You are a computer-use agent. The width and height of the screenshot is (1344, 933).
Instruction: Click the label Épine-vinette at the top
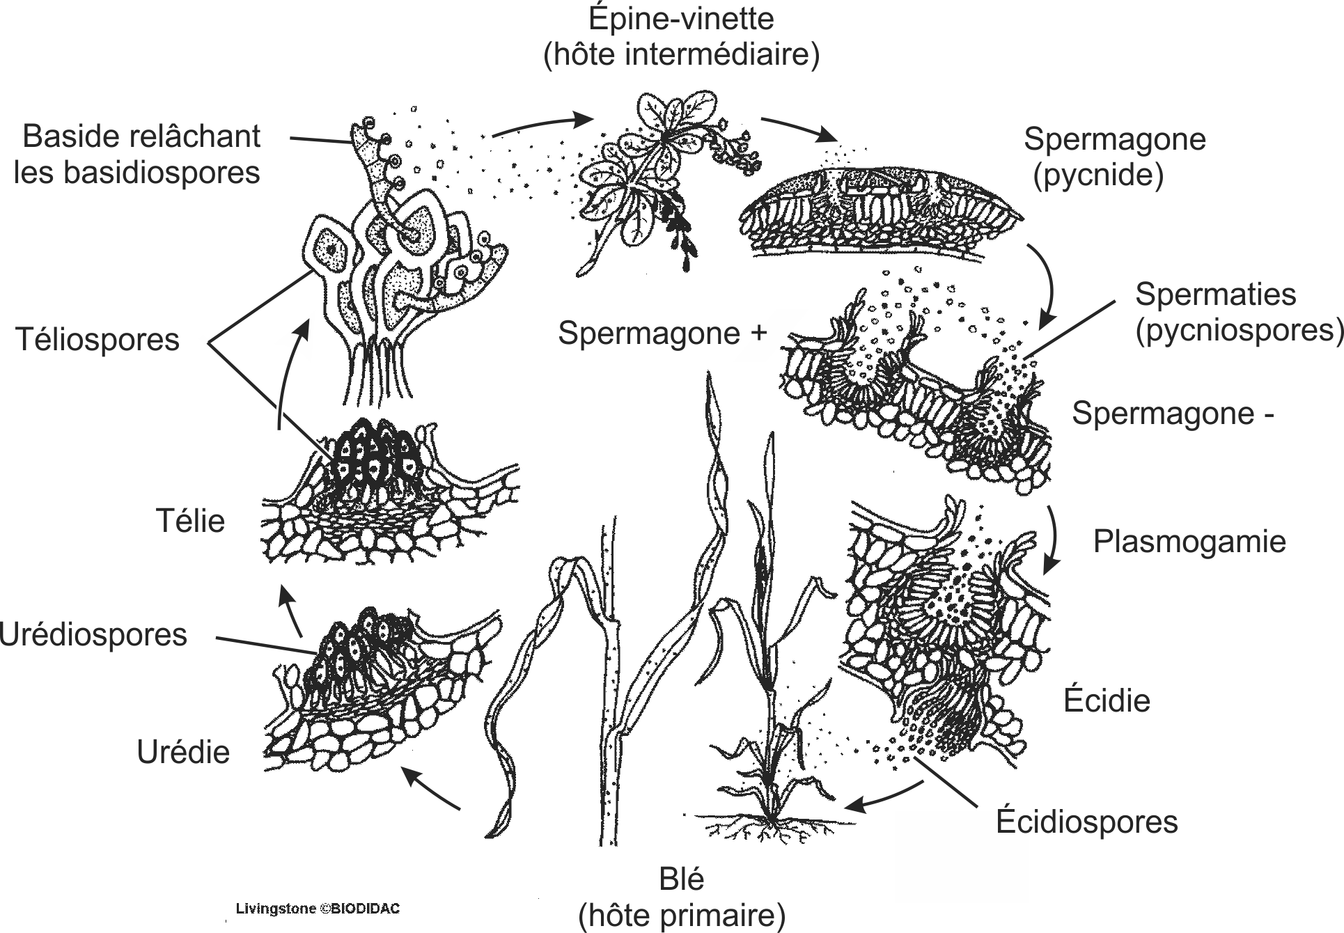click(x=680, y=19)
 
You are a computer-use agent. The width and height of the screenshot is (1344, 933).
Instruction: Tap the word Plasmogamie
click(x=1189, y=542)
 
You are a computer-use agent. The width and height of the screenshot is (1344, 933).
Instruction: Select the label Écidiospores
click(x=1086, y=822)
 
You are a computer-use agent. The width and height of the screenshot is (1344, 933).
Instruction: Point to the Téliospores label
click(x=97, y=340)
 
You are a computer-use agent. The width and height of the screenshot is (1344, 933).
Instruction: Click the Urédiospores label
click(x=93, y=635)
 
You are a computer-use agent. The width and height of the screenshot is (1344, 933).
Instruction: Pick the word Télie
click(x=190, y=521)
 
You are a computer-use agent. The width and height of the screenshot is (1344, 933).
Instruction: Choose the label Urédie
click(x=183, y=752)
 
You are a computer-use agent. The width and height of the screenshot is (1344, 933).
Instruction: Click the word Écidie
click(x=1107, y=700)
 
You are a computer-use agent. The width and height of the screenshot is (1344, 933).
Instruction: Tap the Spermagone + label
click(x=662, y=334)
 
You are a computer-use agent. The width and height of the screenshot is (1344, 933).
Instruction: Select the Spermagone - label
click(x=1173, y=414)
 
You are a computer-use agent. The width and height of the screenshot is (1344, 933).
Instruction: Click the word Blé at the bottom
click(x=681, y=880)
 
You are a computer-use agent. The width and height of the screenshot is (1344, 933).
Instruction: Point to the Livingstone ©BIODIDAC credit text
click(x=318, y=909)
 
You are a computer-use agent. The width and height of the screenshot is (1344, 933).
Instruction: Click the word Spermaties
click(x=1215, y=295)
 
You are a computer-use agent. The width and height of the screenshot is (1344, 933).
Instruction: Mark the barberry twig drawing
click(x=648, y=181)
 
